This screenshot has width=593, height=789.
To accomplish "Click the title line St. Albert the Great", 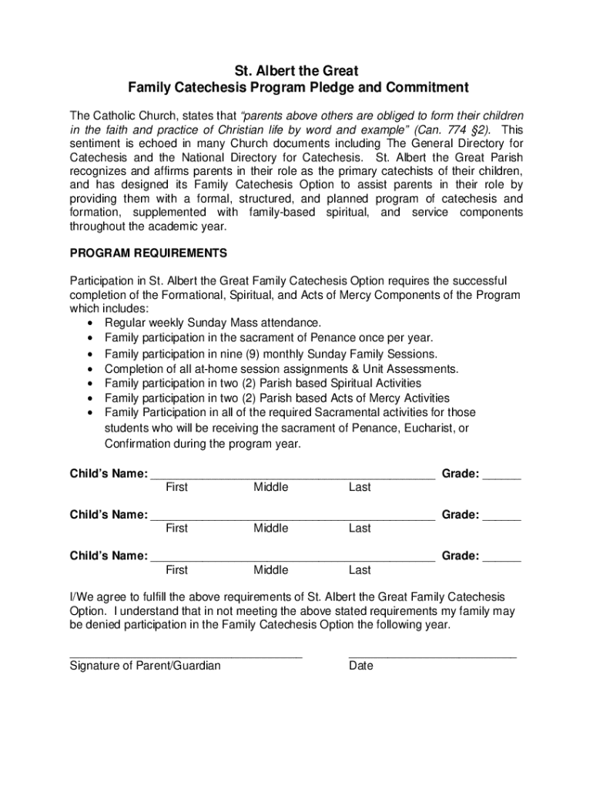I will point(297,72).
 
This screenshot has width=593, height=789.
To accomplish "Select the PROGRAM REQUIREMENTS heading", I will point(148,253).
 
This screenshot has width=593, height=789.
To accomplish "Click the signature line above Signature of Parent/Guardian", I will point(186,656).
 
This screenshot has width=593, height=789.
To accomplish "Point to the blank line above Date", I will point(432,656).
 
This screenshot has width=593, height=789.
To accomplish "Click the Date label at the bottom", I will point(360,666).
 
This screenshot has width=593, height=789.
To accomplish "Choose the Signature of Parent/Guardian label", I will point(145,666).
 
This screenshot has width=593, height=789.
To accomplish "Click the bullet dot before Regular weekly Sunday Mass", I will point(92,323).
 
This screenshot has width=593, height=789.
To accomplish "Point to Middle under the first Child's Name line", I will point(270,487).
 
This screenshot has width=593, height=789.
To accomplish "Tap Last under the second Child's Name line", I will point(360,529).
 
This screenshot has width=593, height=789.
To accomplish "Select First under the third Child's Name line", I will point(176,570).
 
